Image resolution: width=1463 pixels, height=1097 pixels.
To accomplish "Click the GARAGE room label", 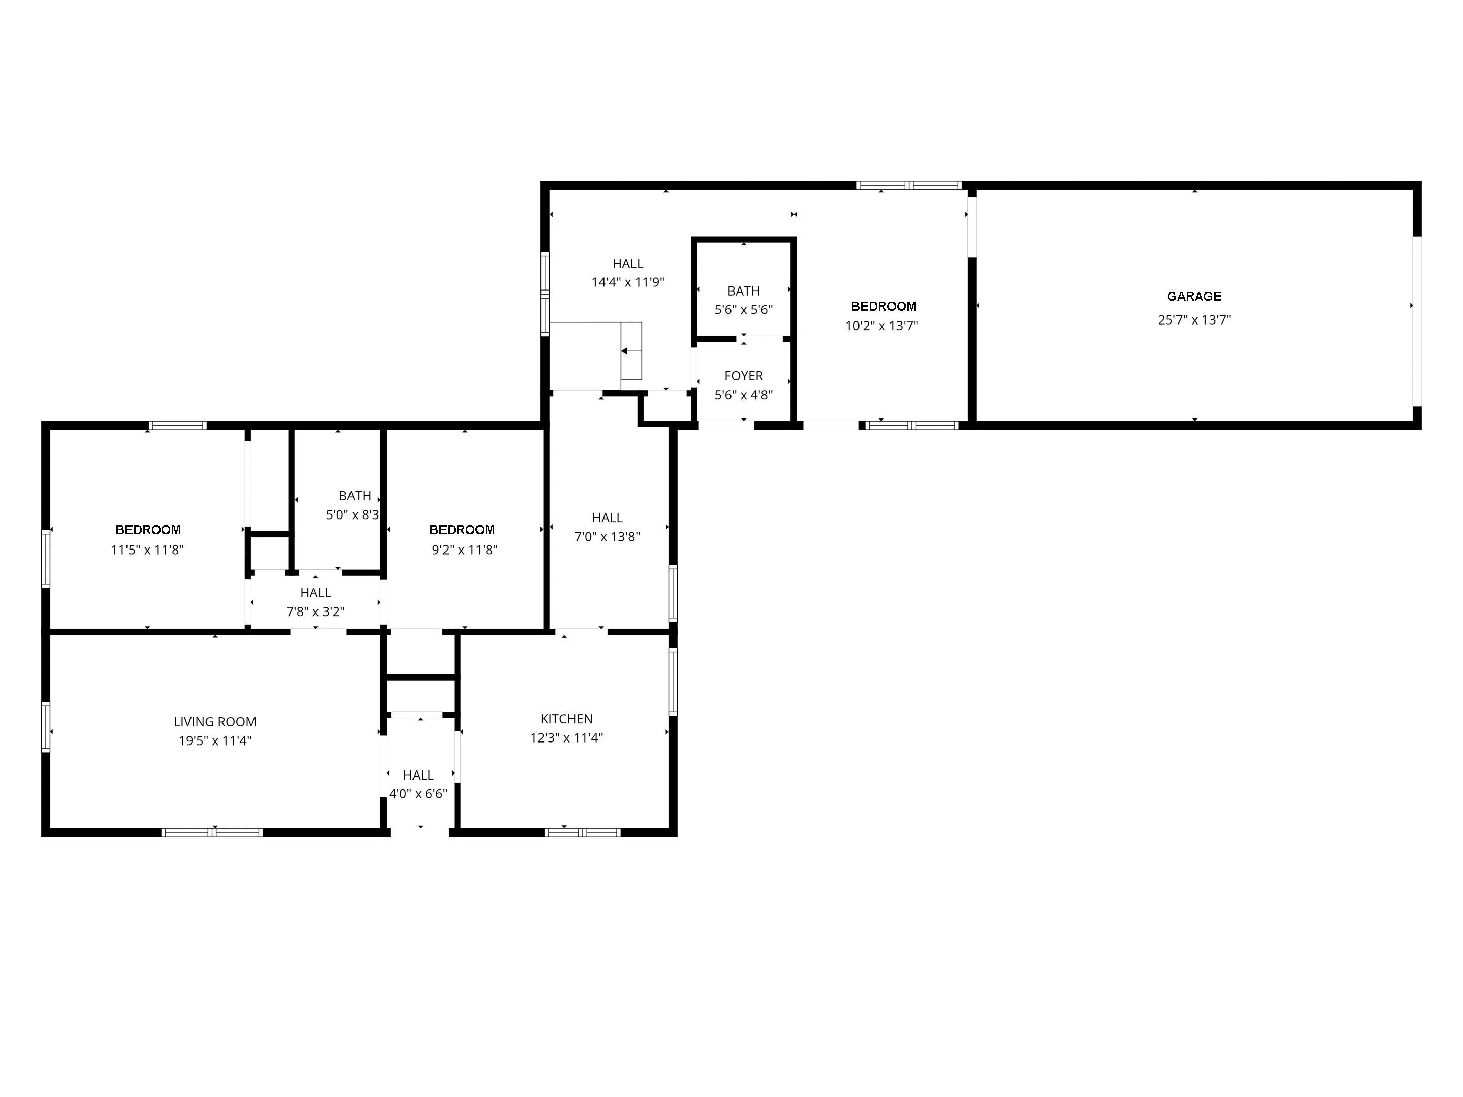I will coord(1194,296).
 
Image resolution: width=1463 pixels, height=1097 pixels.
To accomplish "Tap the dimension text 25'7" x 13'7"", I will coord(1194,320).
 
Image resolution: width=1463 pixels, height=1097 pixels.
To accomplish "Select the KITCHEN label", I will coord(566,719).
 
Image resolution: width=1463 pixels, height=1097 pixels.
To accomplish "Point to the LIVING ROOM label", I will coord(215,722).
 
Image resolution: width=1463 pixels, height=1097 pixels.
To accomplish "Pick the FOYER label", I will coord(743,376).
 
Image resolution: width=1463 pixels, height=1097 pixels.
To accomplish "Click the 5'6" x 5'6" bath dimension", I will coord(743,309).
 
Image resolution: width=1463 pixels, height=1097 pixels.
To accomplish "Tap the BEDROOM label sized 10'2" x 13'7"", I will coord(883,306).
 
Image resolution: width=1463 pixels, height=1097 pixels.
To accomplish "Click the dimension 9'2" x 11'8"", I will coord(464,550).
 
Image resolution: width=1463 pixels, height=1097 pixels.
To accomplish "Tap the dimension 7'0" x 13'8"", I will coord(607,537).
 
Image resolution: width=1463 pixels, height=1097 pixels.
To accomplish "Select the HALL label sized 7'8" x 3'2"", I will coord(315,593).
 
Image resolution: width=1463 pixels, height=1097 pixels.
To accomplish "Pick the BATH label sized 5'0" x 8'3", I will coord(355,496).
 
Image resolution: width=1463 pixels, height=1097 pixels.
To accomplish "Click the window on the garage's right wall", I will coord(1417,320).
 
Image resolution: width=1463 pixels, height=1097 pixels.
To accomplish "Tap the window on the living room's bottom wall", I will coord(212,832).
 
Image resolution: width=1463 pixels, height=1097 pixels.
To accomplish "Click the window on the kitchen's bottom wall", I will coord(582,832).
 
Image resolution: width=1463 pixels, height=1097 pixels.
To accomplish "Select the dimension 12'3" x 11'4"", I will coord(566,738).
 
